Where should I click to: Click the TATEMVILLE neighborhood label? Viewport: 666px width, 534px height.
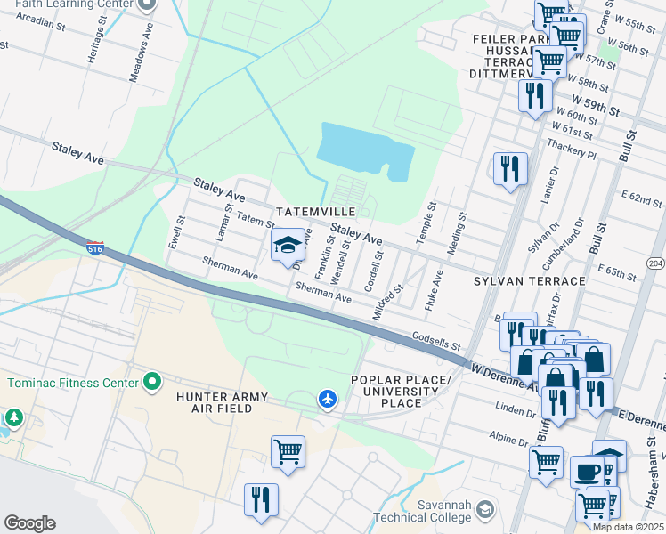[x=315, y=212]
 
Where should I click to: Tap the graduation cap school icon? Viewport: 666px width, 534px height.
[x=288, y=245]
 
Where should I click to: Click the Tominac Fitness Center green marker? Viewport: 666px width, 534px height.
[x=152, y=383]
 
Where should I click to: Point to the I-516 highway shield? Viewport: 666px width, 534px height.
[x=94, y=247]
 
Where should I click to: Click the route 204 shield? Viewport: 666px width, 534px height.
[x=656, y=263]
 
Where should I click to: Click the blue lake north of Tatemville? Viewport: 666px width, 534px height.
[x=365, y=151]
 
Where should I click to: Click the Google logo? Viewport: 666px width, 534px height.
[x=29, y=523]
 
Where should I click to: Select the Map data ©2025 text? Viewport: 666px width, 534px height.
[x=627, y=527]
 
